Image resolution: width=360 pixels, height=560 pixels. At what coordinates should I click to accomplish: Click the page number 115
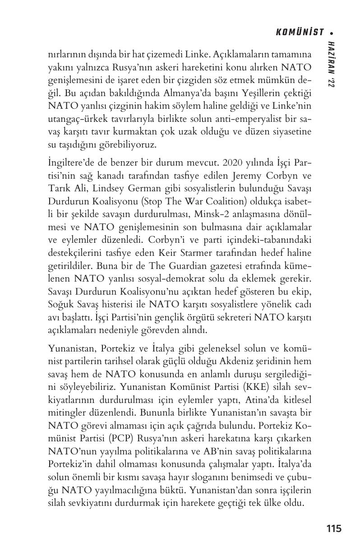[x=334, y=528]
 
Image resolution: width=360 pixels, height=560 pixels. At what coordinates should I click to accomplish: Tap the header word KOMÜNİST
[x=300, y=32]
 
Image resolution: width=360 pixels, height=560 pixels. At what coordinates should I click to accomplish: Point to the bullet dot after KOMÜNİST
[x=332, y=32]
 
